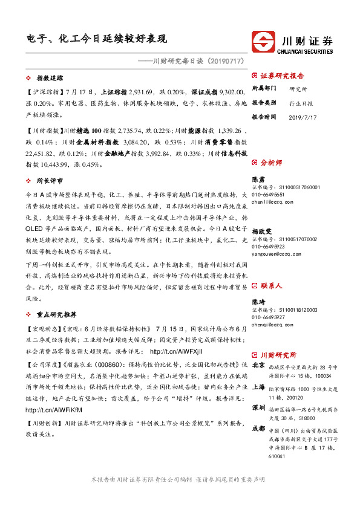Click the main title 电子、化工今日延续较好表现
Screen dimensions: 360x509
click(x=96, y=39)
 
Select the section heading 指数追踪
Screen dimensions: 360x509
click(x=50, y=79)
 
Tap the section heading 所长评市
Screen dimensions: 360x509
click(x=50, y=180)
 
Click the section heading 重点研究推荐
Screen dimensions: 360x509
click(x=56, y=315)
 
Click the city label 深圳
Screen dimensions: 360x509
click(x=258, y=408)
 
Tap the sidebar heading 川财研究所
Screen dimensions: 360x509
click(x=278, y=355)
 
